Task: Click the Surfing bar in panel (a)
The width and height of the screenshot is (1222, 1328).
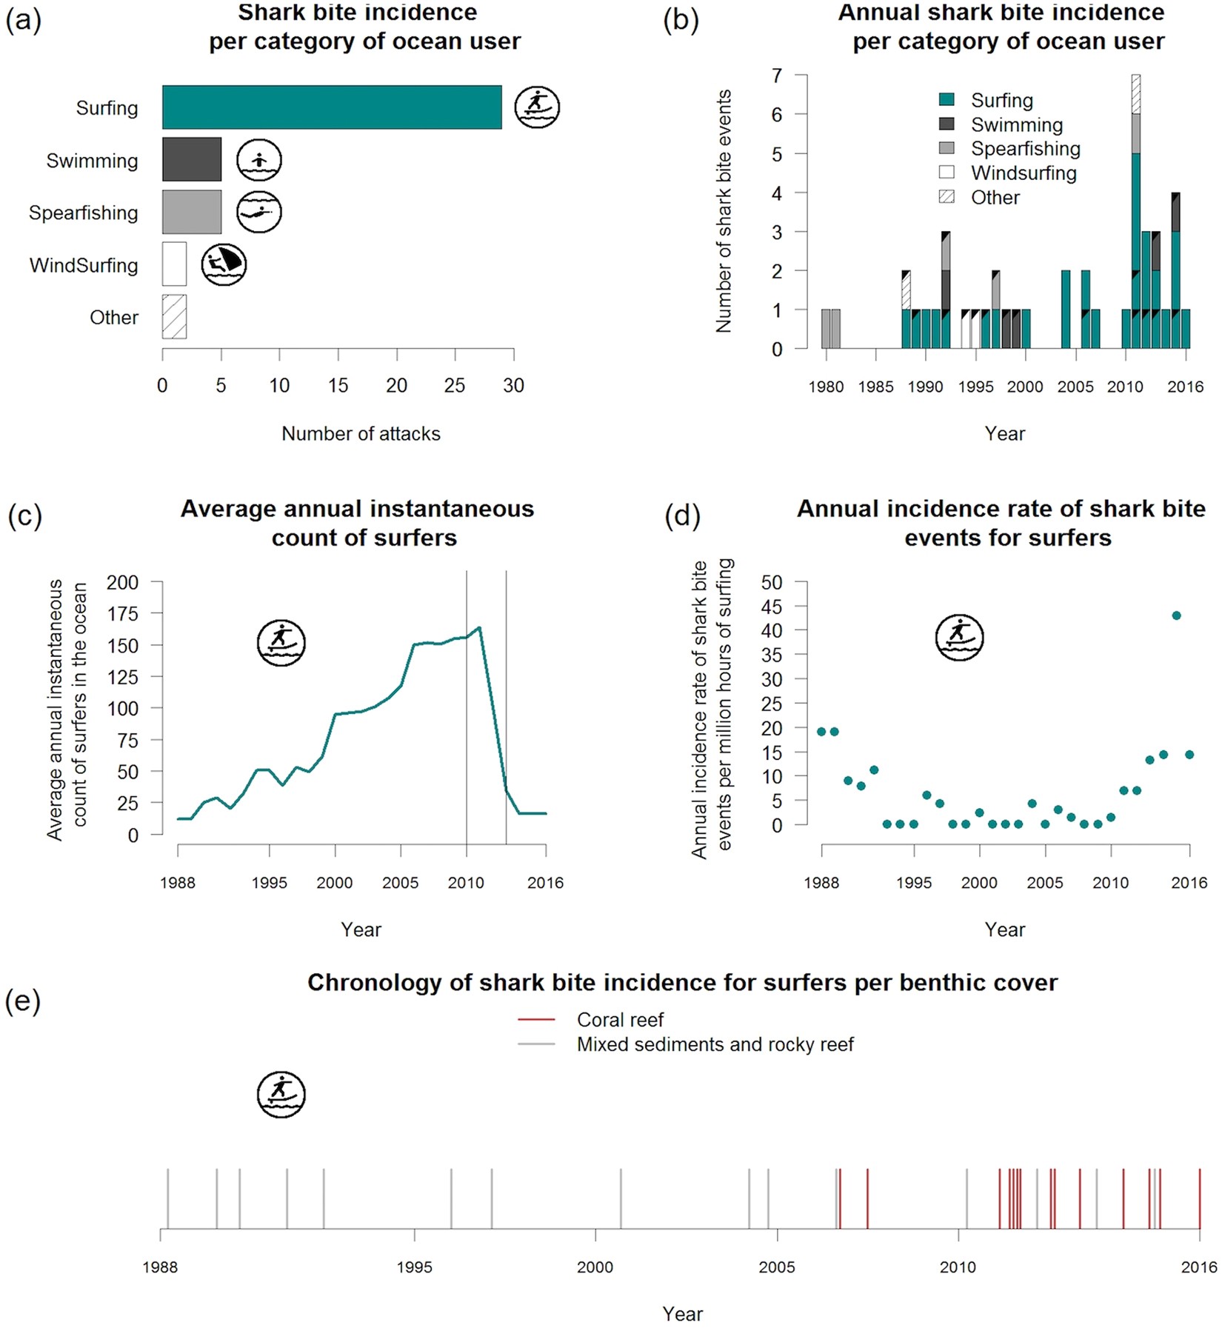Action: click(x=332, y=107)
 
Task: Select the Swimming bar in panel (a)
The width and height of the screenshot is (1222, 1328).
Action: click(x=192, y=159)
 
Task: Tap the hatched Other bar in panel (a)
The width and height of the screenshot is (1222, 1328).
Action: click(x=175, y=317)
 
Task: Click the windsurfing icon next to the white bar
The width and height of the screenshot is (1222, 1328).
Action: click(x=224, y=264)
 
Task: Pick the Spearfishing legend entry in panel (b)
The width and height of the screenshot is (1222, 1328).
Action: click(x=1025, y=149)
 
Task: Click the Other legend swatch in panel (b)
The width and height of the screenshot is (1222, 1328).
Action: click(x=946, y=197)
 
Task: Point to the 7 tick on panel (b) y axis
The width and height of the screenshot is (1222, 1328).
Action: click(x=777, y=76)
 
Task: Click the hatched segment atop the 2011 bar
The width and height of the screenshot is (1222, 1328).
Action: click(x=1135, y=94)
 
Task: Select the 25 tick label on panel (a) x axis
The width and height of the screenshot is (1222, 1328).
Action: click(x=455, y=386)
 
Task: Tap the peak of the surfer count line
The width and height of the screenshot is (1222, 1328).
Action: click(x=479, y=628)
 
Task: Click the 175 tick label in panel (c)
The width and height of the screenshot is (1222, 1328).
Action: click(x=122, y=614)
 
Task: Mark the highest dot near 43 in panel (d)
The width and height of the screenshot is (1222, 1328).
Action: click(x=1176, y=615)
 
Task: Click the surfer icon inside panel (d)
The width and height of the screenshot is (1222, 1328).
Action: click(x=959, y=637)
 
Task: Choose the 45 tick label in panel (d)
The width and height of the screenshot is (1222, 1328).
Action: click(x=772, y=607)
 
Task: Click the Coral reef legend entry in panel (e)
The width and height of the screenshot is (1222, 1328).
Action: click(x=620, y=1020)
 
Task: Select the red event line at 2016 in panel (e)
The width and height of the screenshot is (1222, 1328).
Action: click(x=1199, y=1198)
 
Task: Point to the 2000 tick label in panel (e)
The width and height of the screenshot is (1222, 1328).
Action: click(x=595, y=1267)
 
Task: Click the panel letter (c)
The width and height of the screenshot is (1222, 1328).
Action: click(x=24, y=515)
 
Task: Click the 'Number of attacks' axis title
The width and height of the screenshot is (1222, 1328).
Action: click(x=361, y=434)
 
